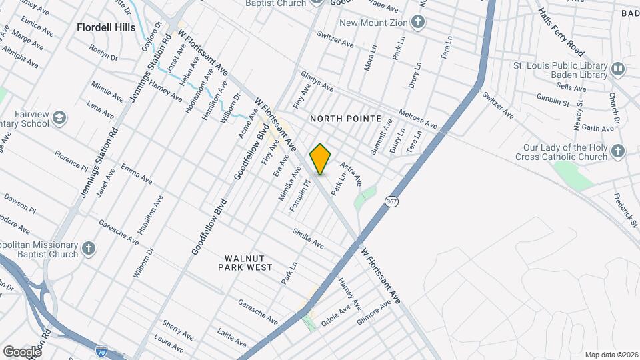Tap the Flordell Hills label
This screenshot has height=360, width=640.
(x=106, y=27)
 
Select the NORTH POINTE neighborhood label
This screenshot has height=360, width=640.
(x=345, y=119)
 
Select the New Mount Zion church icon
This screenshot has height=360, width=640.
(x=417, y=23)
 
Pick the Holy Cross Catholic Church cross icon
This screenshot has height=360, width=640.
(x=618, y=152)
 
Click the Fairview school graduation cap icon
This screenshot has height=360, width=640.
(x=59, y=118)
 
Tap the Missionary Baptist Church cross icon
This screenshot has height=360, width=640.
(x=89, y=249)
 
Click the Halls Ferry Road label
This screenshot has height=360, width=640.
(x=561, y=33)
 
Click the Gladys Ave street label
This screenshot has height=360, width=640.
(x=317, y=83)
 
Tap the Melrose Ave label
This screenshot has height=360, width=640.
(x=417, y=119)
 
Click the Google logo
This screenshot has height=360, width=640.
(x=22, y=351)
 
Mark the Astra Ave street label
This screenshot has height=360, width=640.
(x=351, y=173)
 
